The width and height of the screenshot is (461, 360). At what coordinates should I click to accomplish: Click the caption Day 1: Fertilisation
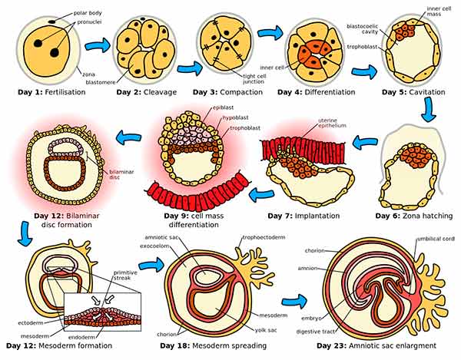(x=51, y=92)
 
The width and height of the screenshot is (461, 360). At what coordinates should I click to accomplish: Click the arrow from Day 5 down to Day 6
(x=429, y=114)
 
